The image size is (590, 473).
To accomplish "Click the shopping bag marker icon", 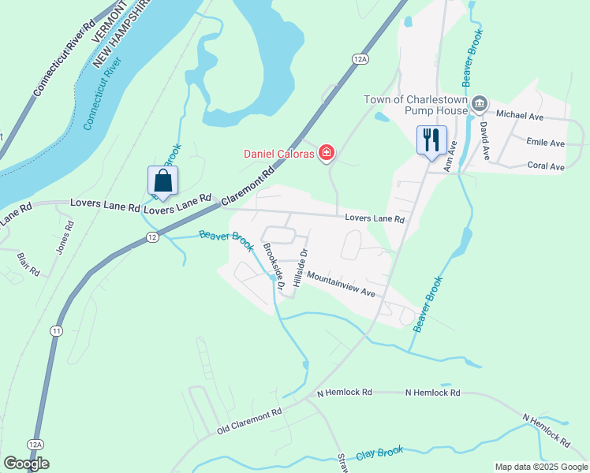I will pyautogui.click(x=162, y=181).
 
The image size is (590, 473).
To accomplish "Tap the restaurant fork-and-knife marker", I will pyautogui.click(x=431, y=141).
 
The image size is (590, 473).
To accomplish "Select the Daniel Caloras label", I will pyautogui.click(x=278, y=152).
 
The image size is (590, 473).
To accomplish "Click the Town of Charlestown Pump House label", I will pyautogui.click(x=416, y=105).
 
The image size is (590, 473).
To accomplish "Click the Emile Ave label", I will pyautogui.click(x=545, y=143).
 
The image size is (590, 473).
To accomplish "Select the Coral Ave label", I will pyautogui.click(x=546, y=166).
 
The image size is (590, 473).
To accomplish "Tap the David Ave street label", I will pyautogui.click(x=485, y=142).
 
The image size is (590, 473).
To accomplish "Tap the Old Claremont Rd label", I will pyautogui.click(x=249, y=422).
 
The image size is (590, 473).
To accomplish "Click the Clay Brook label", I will pyautogui.click(x=379, y=453).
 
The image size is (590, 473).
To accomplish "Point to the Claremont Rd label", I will pyautogui.click(x=249, y=184).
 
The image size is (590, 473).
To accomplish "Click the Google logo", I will pyautogui.click(x=26, y=463).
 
